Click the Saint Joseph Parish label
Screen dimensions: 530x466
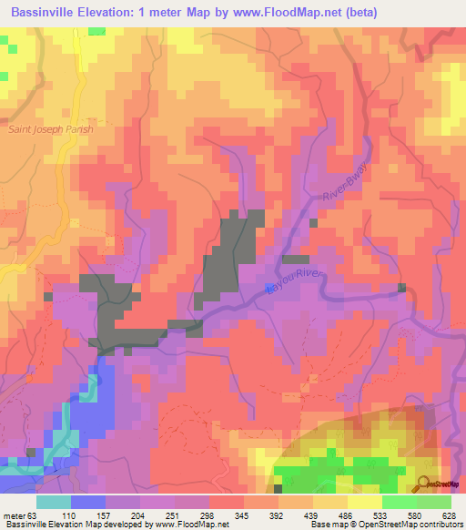51,128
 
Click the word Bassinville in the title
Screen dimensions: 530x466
43,13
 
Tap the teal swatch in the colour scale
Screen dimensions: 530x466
54,502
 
